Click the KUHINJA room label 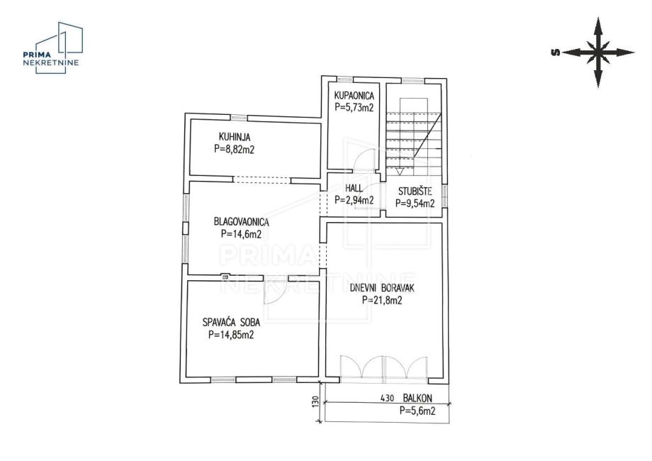pyautogui.click(x=235, y=137)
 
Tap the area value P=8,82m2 pyautogui.click(x=234, y=149)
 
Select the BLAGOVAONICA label pyautogui.click(x=241, y=222)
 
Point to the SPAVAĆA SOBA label pyautogui.click(x=232, y=322)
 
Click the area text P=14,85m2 pyautogui.click(x=231, y=335)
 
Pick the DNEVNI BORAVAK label pyautogui.click(x=382, y=288)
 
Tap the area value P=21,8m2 pyautogui.click(x=382, y=300)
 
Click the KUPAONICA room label pyautogui.click(x=354, y=96)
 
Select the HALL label pyautogui.click(x=354, y=188)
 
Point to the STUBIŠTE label pyautogui.click(x=415, y=191)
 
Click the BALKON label pyautogui.click(x=417, y=398)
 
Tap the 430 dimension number pyautogui.click(x=387, y=398)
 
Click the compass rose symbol pyautogui.click(x=598, y=52)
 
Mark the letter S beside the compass pyautogui.click(x=555, y=52)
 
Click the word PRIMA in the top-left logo pyautogui.click(x=37, y=54)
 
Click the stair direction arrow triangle pyautogui.click(x=400, y=172)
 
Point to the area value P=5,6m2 pyautogui.click(x=417, y=411)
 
